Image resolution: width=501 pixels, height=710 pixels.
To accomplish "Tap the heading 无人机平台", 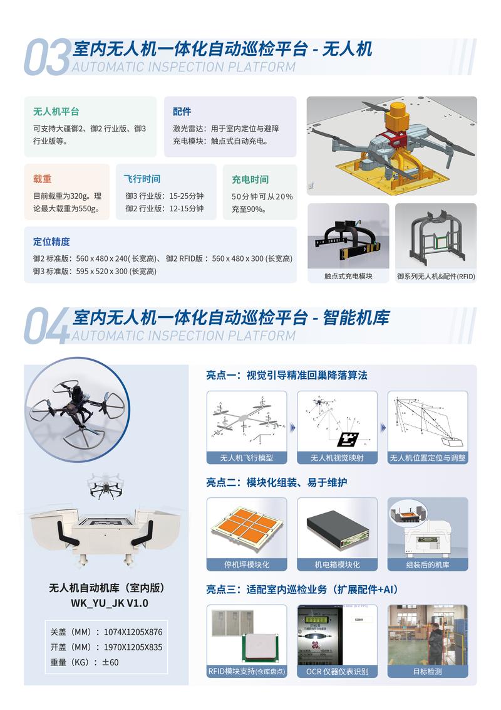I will pos(56,112).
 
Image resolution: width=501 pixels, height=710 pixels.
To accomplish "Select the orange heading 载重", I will pos(42,179).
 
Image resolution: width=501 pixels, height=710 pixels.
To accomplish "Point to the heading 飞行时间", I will pos(142,179).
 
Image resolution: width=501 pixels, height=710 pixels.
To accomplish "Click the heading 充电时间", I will pos(250,179).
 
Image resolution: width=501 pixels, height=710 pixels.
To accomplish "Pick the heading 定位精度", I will pos(51,241).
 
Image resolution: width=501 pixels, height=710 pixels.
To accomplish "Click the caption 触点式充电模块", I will pos(348,275).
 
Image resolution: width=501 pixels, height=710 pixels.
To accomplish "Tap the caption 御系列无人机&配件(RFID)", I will pos(436,275).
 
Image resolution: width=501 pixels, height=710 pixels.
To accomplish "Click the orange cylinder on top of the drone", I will pos(396,117).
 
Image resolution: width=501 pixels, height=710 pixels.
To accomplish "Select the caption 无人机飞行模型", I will pos(247,457).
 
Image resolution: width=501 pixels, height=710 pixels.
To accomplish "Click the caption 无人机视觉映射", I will pos(337,457).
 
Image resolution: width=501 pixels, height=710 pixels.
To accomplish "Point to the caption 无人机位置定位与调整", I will pos(428,457).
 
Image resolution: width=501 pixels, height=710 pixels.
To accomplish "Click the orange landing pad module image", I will pos(247,525).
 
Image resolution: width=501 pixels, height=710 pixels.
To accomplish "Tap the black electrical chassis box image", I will pos(337,527).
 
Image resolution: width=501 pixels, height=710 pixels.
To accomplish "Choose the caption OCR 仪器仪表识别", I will pos(337,671).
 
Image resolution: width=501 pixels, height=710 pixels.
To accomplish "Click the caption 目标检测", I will pos(428,671).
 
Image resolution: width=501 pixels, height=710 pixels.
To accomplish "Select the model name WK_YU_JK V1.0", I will pos(106,603).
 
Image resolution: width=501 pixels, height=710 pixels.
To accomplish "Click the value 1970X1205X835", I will pos(132,647).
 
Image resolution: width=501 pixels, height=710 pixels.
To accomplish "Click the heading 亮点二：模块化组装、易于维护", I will pos(277,482).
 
